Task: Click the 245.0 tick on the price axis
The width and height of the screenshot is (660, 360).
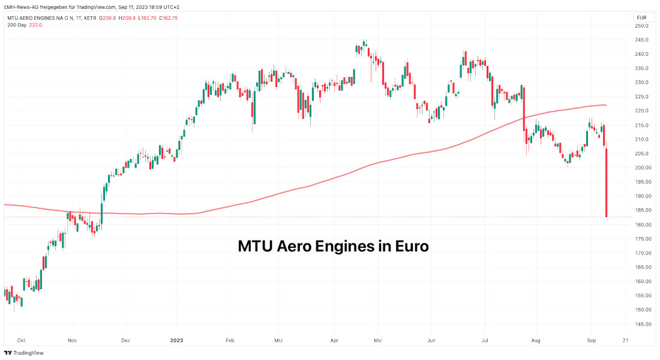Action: coord(643,40)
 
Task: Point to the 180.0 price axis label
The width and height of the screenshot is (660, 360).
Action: coord(643,224)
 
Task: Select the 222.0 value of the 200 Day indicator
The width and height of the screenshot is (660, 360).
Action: coord(36,25)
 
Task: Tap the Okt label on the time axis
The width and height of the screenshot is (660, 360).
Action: coord(22,340)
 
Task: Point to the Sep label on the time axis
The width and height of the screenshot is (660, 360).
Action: coord(590,340)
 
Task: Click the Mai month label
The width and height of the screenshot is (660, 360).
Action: coord(378,340)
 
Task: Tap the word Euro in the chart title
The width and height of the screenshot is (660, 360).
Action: coord(412,246)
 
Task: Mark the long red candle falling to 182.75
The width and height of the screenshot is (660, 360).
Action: coord(607,183)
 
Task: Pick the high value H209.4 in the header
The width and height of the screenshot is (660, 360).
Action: coord(126,18)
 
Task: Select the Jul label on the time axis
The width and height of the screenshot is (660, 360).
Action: coord(483,340)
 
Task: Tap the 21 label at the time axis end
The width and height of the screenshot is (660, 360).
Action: coord(626,340)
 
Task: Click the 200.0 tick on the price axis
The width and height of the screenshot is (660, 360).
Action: coord(643,168)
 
